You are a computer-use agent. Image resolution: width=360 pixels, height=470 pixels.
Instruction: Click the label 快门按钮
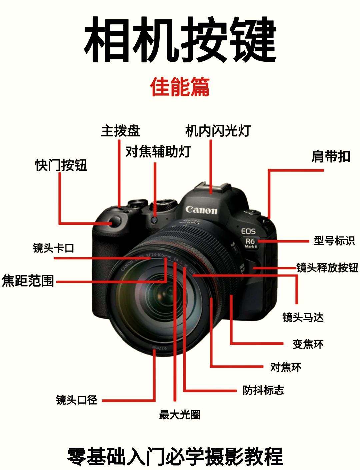click(x=61, y=165)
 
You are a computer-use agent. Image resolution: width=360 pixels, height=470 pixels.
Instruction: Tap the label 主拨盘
click(x=121, y=131)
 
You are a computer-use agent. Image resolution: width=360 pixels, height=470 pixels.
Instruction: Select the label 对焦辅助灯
click(x=158, y=151)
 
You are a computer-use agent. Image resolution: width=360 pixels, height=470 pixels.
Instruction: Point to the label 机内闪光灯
click(x=218, y=131)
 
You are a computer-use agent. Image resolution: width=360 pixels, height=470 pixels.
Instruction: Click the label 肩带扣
click(x=331, y=156)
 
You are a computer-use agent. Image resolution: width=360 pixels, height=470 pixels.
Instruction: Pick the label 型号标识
click(x=334, y=241)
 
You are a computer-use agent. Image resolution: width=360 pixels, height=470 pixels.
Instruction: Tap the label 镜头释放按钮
click(x=327, y=268)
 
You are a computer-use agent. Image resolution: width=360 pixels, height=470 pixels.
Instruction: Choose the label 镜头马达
click(x=303, y=317)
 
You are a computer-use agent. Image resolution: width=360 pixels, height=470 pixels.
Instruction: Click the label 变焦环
click(x=308, y=344)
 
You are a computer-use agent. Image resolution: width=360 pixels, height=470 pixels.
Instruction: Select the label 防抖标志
click(x=263, y=390)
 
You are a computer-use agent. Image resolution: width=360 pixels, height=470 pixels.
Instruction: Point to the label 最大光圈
click(x=180, y=414)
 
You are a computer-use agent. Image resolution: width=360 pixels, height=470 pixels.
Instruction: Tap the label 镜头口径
click(x=77, y=400)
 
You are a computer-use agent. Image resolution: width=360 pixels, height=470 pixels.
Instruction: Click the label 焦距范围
click(x=28, y=281)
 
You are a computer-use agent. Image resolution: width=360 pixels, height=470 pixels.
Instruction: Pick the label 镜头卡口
click(x=53, y=248)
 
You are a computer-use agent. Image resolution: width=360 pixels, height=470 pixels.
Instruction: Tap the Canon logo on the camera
click(x=201, y=210)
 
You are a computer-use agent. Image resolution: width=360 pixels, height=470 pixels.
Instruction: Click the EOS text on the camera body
click(x=248, y=231)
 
